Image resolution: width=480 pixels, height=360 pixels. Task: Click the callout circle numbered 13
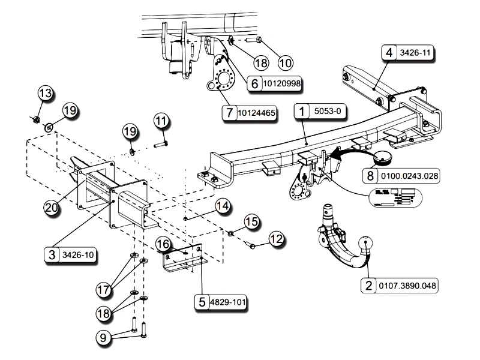click(x=46, y=94)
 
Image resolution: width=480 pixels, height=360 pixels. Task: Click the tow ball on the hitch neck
click(x=365, y=245)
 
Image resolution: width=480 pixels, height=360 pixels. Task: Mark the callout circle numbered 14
click(x=222, y=206)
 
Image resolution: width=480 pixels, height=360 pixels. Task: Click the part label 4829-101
click(x=227, y=302)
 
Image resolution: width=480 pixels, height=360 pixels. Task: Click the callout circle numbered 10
click(x=284, y=62)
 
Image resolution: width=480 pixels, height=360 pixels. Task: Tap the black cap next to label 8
click(x=382, y=158)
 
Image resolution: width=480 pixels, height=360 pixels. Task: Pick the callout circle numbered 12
click(x=275, y=239)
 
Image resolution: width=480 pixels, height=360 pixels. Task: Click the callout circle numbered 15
click(x=251, y=223)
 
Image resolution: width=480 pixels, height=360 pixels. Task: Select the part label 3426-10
click(x=79, y=255)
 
